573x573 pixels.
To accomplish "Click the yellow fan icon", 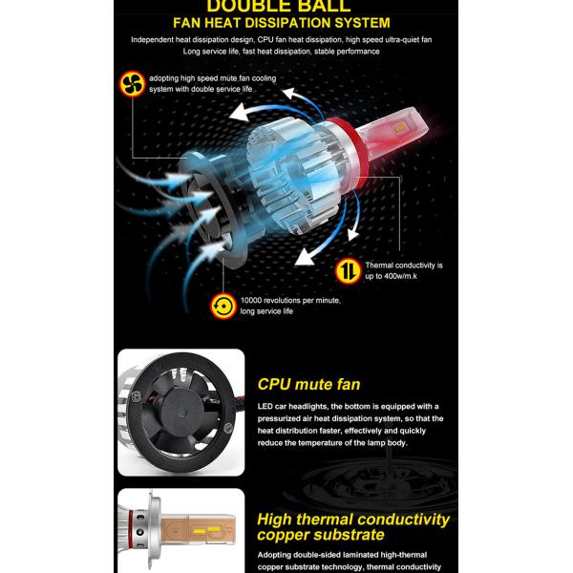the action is click(133, 84).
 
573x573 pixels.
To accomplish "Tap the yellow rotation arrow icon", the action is click(223, 307).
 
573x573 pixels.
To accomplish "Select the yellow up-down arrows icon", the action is click(349, 271).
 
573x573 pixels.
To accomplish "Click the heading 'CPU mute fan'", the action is click(308, 385).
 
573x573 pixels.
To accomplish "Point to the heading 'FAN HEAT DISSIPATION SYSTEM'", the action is click(282, 23).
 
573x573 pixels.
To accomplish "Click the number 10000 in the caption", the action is click(251, 301).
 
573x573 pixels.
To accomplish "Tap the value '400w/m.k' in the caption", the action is click(400, 276).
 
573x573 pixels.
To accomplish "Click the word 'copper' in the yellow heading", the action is click(281, 535).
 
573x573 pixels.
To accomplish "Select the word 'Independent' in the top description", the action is click(152, 40).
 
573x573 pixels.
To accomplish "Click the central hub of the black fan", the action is click(180, 413).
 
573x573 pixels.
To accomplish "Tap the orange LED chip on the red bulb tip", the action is click(401, 127).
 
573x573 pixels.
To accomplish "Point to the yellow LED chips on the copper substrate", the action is click(204, 530).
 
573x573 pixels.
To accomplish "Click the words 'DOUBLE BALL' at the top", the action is click(279, 7).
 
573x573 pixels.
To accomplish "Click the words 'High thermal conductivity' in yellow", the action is click(353, 520).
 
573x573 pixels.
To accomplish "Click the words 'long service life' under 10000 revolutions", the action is click(266, 311).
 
